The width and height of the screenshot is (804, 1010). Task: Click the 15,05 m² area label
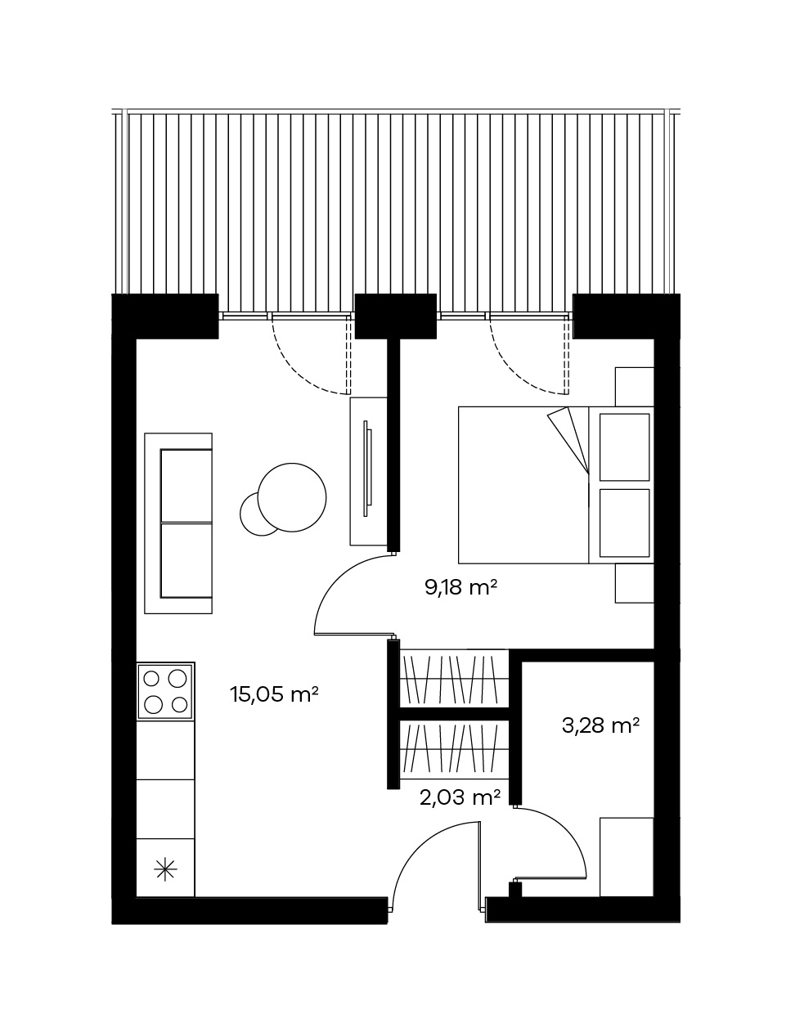click(274, 694)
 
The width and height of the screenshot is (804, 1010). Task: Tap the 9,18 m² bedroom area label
click(460, 587)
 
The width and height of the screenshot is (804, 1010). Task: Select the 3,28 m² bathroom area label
click(600, 725)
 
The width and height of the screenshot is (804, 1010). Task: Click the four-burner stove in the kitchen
click(166, 690)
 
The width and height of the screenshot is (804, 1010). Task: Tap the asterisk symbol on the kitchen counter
click(166, 869)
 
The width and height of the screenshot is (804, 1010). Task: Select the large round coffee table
click(292, 497)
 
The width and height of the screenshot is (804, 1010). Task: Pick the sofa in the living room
click(178, 523)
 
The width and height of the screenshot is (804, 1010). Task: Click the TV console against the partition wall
click(369, 471)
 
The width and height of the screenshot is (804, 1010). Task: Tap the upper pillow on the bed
click(625, 447)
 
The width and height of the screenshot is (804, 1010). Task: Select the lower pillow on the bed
click(625, 523)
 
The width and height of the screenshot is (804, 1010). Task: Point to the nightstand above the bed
click(635, 387)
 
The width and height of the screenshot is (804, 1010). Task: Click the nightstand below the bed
click(635, 583)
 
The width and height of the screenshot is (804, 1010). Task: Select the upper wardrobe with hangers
click(454, 679)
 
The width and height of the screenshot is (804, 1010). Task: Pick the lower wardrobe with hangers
click(454, 748)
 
